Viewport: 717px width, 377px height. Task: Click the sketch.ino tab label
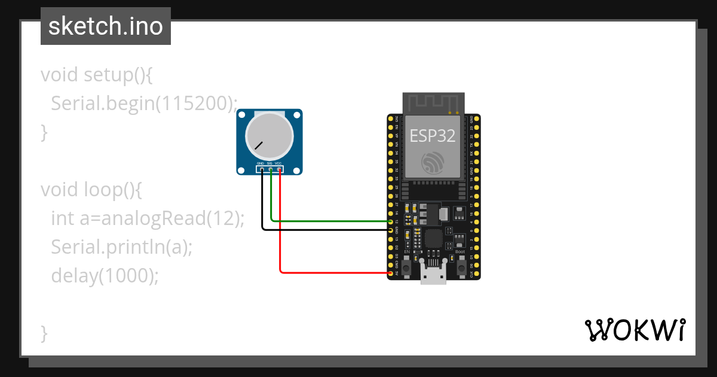coord(105,26)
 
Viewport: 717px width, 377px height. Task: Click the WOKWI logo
coord(635,330)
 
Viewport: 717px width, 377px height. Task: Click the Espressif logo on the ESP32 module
coord(432,163)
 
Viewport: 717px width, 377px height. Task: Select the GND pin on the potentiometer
coord(262,170)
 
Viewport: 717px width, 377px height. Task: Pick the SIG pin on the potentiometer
coord(271,170)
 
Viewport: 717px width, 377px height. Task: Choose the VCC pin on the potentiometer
coord(280,170)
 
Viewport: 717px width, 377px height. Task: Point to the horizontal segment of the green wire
coord(329,221)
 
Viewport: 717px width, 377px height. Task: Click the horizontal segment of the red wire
coord(335,273)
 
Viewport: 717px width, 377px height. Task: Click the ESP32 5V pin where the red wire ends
coord(391,273)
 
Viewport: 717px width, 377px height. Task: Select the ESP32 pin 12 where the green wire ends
coord(391,221)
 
